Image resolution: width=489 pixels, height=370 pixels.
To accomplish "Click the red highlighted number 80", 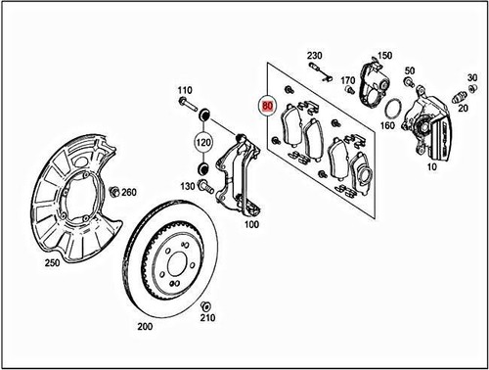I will coord(267,101).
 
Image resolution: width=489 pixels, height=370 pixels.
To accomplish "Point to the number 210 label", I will coord(206,318).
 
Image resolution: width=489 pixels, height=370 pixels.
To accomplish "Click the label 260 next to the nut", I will coord(129,192).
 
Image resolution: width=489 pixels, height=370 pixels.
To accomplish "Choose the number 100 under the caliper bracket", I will coord(251,224).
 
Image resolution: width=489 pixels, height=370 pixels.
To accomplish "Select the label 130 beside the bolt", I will coord(188,186).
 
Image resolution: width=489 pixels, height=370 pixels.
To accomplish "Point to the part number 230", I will coord(314,55).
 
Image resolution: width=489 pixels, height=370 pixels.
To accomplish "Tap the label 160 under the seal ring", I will coord(387,125).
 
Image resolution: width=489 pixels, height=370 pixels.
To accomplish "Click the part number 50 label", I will coord(408,69).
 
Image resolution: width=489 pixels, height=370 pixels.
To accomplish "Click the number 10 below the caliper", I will coord(431,167).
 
